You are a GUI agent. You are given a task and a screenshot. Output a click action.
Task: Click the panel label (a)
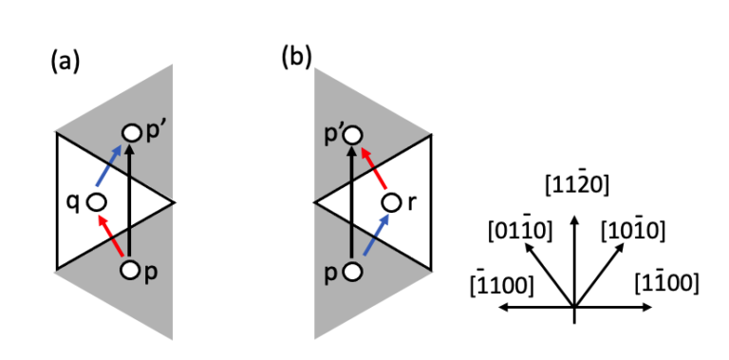[x=65, y=62]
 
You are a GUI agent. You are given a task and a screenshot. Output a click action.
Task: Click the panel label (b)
[x=297, y=58]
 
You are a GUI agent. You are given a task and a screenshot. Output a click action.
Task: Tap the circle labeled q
[x=98, y=202]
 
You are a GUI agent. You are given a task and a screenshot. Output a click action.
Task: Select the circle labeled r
[x=391, y=203]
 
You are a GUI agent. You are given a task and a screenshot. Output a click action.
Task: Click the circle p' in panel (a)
[x=131, y=134]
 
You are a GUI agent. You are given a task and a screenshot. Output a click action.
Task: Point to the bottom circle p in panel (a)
[x=130, y=270]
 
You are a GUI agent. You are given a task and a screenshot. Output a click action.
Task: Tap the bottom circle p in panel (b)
[x=353, y=271]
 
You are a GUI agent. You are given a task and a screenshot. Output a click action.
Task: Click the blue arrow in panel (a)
[x=109, y=165]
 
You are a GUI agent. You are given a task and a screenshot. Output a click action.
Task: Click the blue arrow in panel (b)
[x=377, y=234]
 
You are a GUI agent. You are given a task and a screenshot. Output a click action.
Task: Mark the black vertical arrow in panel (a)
[x=130, y=200]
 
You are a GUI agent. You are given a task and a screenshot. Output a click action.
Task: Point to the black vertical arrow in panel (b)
[x=353, y=201]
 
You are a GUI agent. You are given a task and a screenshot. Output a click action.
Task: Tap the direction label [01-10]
[x=520, y=231]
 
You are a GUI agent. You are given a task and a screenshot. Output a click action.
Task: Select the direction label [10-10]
[x=633, y=231]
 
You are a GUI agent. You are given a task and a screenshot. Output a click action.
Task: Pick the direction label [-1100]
[x=502, y=284]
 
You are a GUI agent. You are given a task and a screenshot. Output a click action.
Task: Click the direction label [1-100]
[x=666, y=283]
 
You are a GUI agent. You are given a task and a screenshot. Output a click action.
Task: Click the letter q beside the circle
[x=74, y=203]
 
